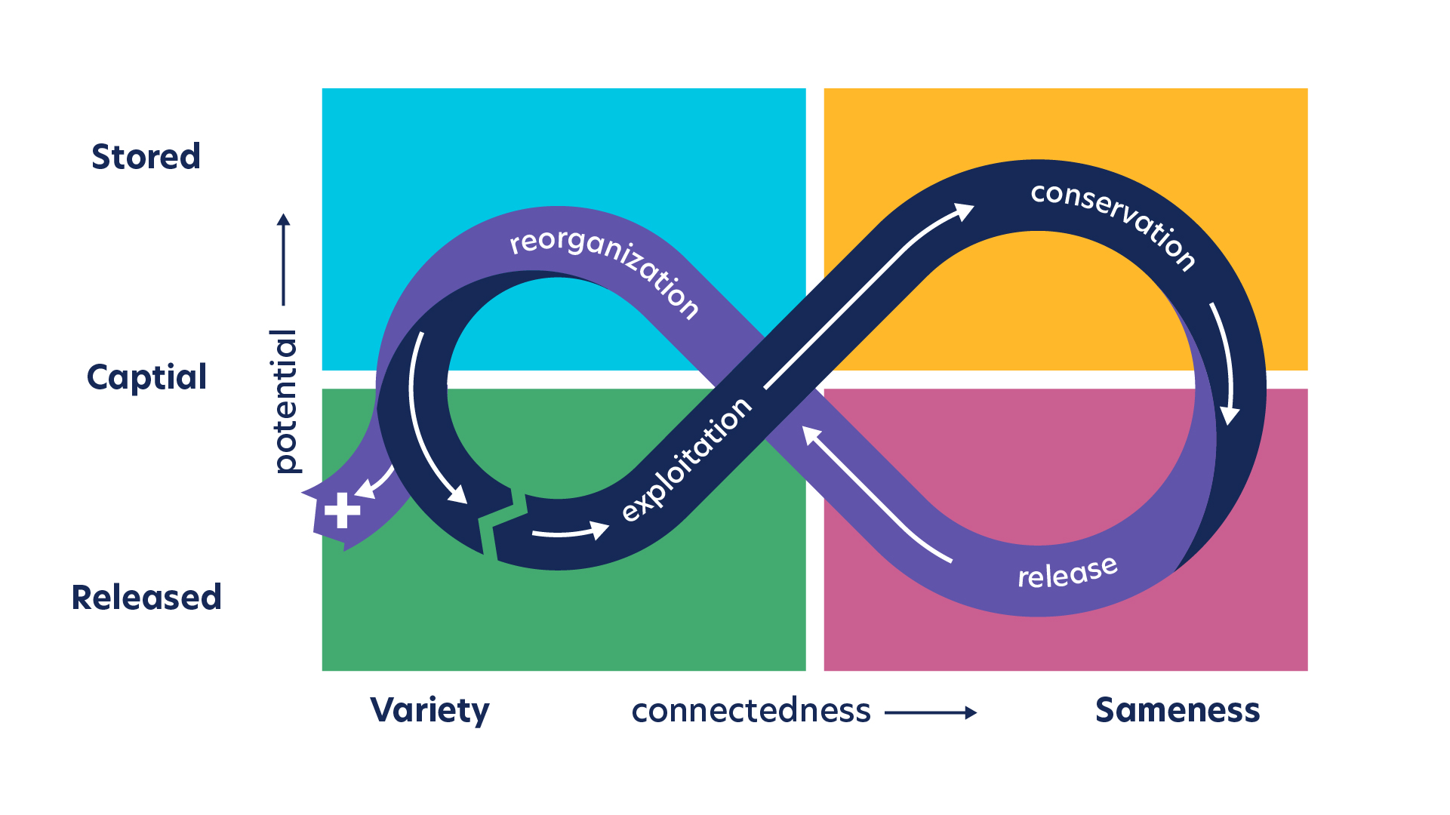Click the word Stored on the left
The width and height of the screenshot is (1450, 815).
point(146,157)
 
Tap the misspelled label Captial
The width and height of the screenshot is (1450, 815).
point(146,377)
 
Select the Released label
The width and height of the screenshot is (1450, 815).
point(146,598)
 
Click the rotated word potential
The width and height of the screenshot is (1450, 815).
point(285,401)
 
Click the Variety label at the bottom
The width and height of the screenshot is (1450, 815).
point(429,711)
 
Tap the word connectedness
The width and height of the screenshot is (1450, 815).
point(751,711)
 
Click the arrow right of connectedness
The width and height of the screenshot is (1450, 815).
point(931,712)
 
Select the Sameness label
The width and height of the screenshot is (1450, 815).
point(1178,711)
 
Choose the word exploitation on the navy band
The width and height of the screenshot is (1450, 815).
point(686,460)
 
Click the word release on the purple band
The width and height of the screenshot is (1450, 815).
point(1067,573)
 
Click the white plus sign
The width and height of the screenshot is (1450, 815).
point(342,511)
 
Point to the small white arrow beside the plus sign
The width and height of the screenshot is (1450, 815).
point(374,483)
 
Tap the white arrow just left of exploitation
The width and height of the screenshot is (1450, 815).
point(571,532)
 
